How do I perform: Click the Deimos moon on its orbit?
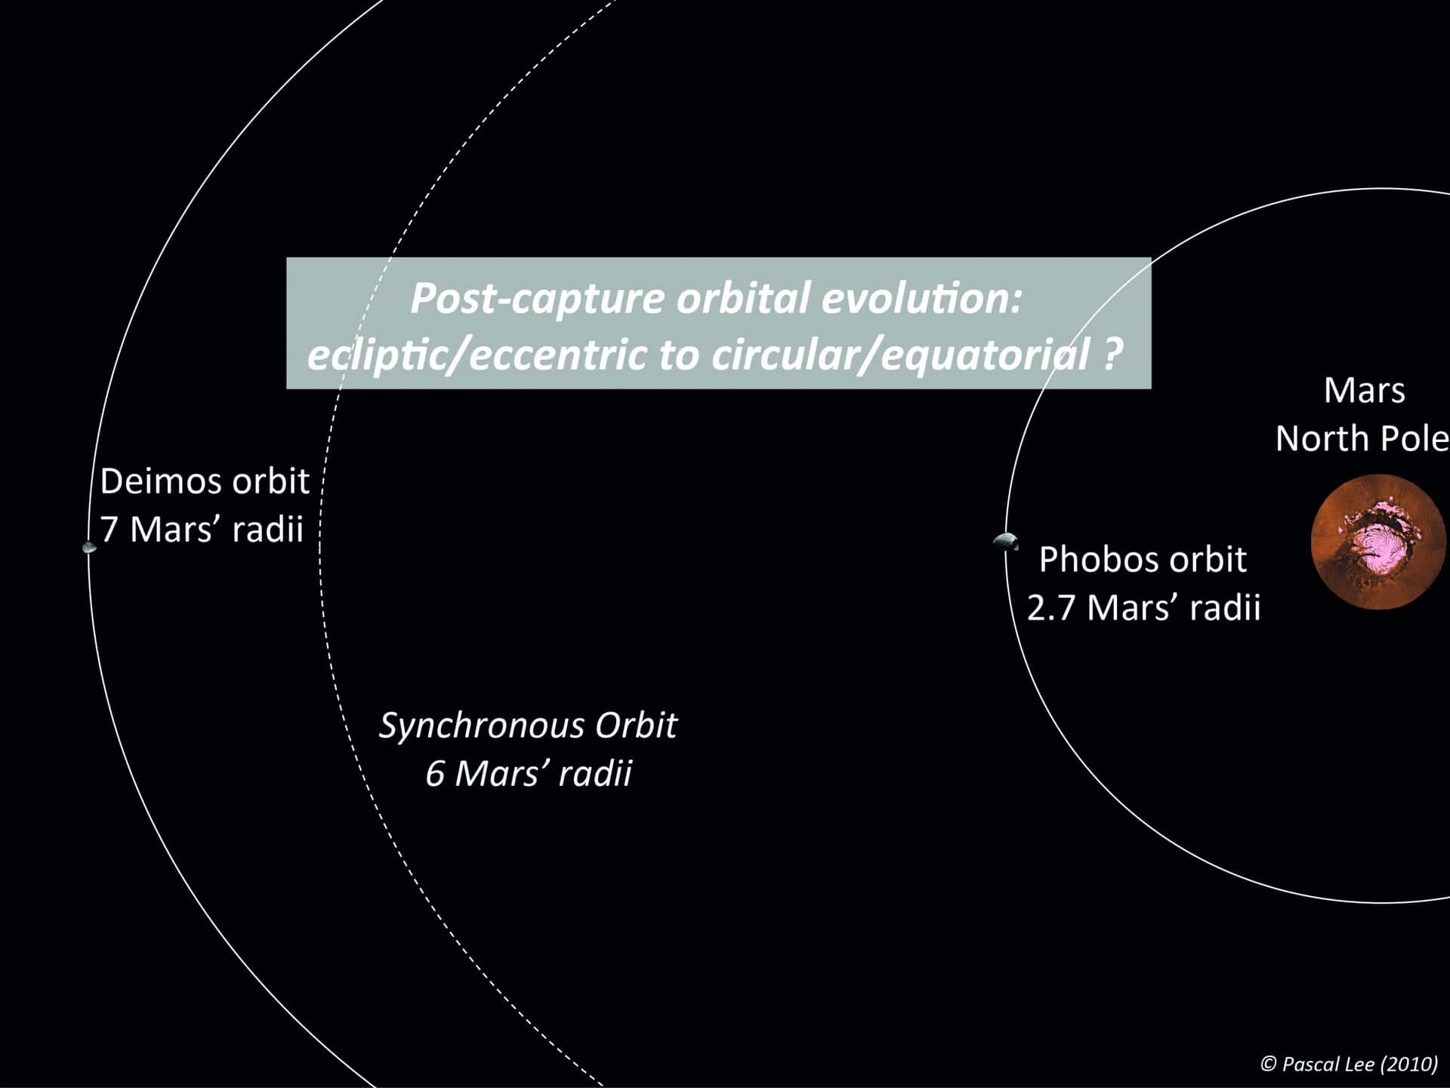[89, 547]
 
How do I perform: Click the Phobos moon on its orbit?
[1005, 541]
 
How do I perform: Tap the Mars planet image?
[1378, 542]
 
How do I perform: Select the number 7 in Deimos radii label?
[109, 530]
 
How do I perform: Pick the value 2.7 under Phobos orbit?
[1050, 608]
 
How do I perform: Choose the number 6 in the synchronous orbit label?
[434, 774]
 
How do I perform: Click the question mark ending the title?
[1109, 354]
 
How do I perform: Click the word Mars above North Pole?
[1364, 391]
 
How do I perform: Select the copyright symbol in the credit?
[1268, 1065]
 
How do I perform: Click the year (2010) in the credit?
[1409, 1065]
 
